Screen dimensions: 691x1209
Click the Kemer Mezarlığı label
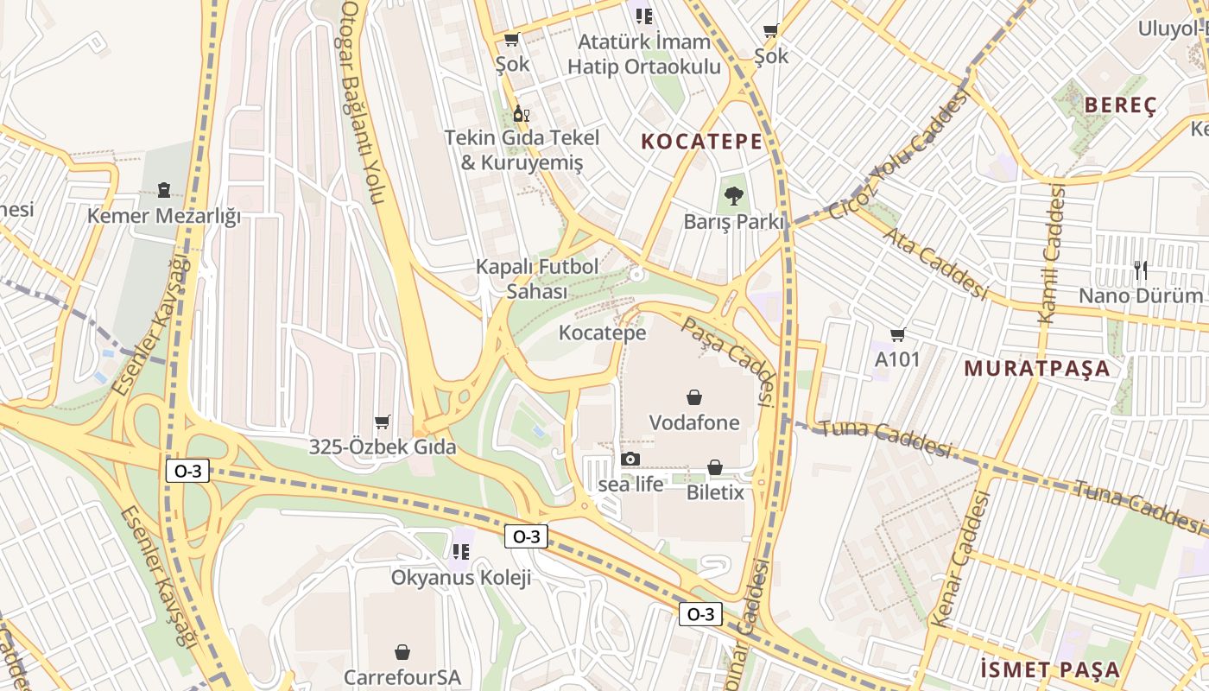(164, 216)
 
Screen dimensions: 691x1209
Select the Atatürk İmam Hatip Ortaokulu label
(644, 54)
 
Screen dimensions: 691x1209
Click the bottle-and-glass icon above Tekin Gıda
(521, 113)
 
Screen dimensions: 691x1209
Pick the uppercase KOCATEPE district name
(702, 142)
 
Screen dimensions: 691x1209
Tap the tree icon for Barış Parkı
(733, 196)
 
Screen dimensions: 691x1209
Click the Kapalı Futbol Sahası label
(536, 279)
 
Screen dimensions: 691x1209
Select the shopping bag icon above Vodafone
(693, 397)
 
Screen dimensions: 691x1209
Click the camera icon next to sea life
(630, 459)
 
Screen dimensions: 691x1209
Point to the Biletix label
(715, 492)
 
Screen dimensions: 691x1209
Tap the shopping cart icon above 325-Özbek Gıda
(383, 422)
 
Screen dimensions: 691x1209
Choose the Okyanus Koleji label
(461, 577)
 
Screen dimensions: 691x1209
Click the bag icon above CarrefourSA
(402, 651)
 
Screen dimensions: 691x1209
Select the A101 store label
(897, 358)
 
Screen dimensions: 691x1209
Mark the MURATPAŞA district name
(1036, 369)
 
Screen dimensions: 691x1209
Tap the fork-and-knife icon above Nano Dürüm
(1141, 270)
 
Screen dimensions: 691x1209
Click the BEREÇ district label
(1120, 105)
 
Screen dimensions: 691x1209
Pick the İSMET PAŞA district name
(1050, 669)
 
